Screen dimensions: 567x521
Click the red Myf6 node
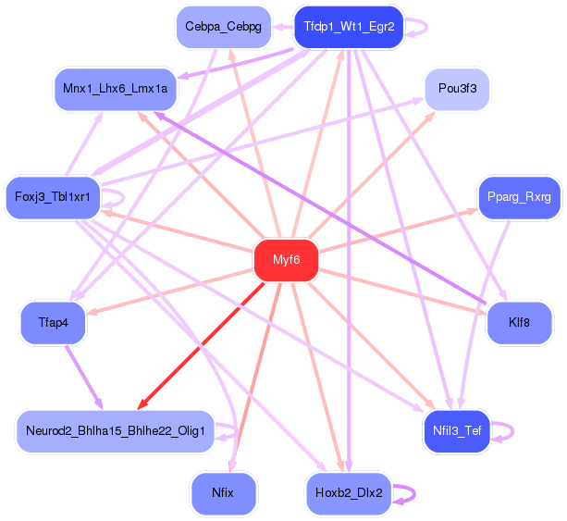click(x=286, y=260)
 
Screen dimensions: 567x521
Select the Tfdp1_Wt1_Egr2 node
click(x=349, y=27)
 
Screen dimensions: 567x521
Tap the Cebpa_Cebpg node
click(x=224, y=27)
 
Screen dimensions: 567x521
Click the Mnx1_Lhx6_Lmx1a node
click(x=115, y=89)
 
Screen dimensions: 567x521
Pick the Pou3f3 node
click(x=457, y=89)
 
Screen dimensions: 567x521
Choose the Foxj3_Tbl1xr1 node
click(x=53, y=197)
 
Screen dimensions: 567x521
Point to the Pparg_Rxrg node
click(x=519, y=197)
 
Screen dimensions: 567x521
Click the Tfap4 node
click(x=53, y=322)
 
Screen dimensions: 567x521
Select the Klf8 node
click(x=519, y=322)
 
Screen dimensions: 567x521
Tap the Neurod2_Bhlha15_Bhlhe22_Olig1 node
click(x=116, y=431)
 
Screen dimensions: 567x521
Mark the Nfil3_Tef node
click(x=457, y=431)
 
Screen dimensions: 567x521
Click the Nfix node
click(x=223, y=493)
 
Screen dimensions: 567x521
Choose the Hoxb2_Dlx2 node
click(x=349, y=493)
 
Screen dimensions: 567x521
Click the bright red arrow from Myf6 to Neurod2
click(x=201, y=346)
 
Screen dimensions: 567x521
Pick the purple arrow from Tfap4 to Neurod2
click(x=84, y=378)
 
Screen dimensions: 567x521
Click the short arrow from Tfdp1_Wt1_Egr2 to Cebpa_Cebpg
click(x=283, y=27)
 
